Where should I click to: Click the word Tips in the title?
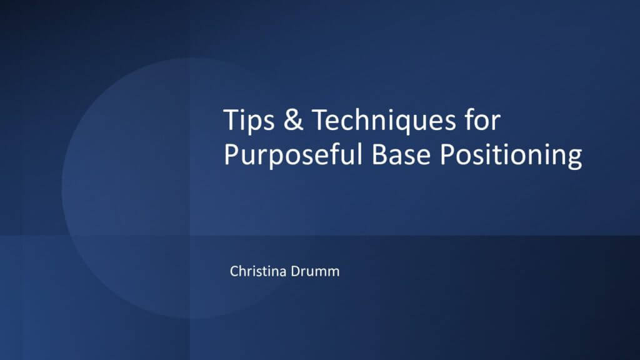coord(249,121)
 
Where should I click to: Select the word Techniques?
coord(384,121)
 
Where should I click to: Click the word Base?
coord(401,154)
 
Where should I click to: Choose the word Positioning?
coord(511,156)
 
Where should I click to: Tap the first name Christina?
coord(258,271)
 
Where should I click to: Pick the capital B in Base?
coord(379,154)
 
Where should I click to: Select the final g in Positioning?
coord(575,159)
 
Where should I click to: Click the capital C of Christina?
coord(235,271)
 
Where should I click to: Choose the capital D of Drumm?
coord(296,271)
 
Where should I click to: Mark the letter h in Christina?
coord(245,271)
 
